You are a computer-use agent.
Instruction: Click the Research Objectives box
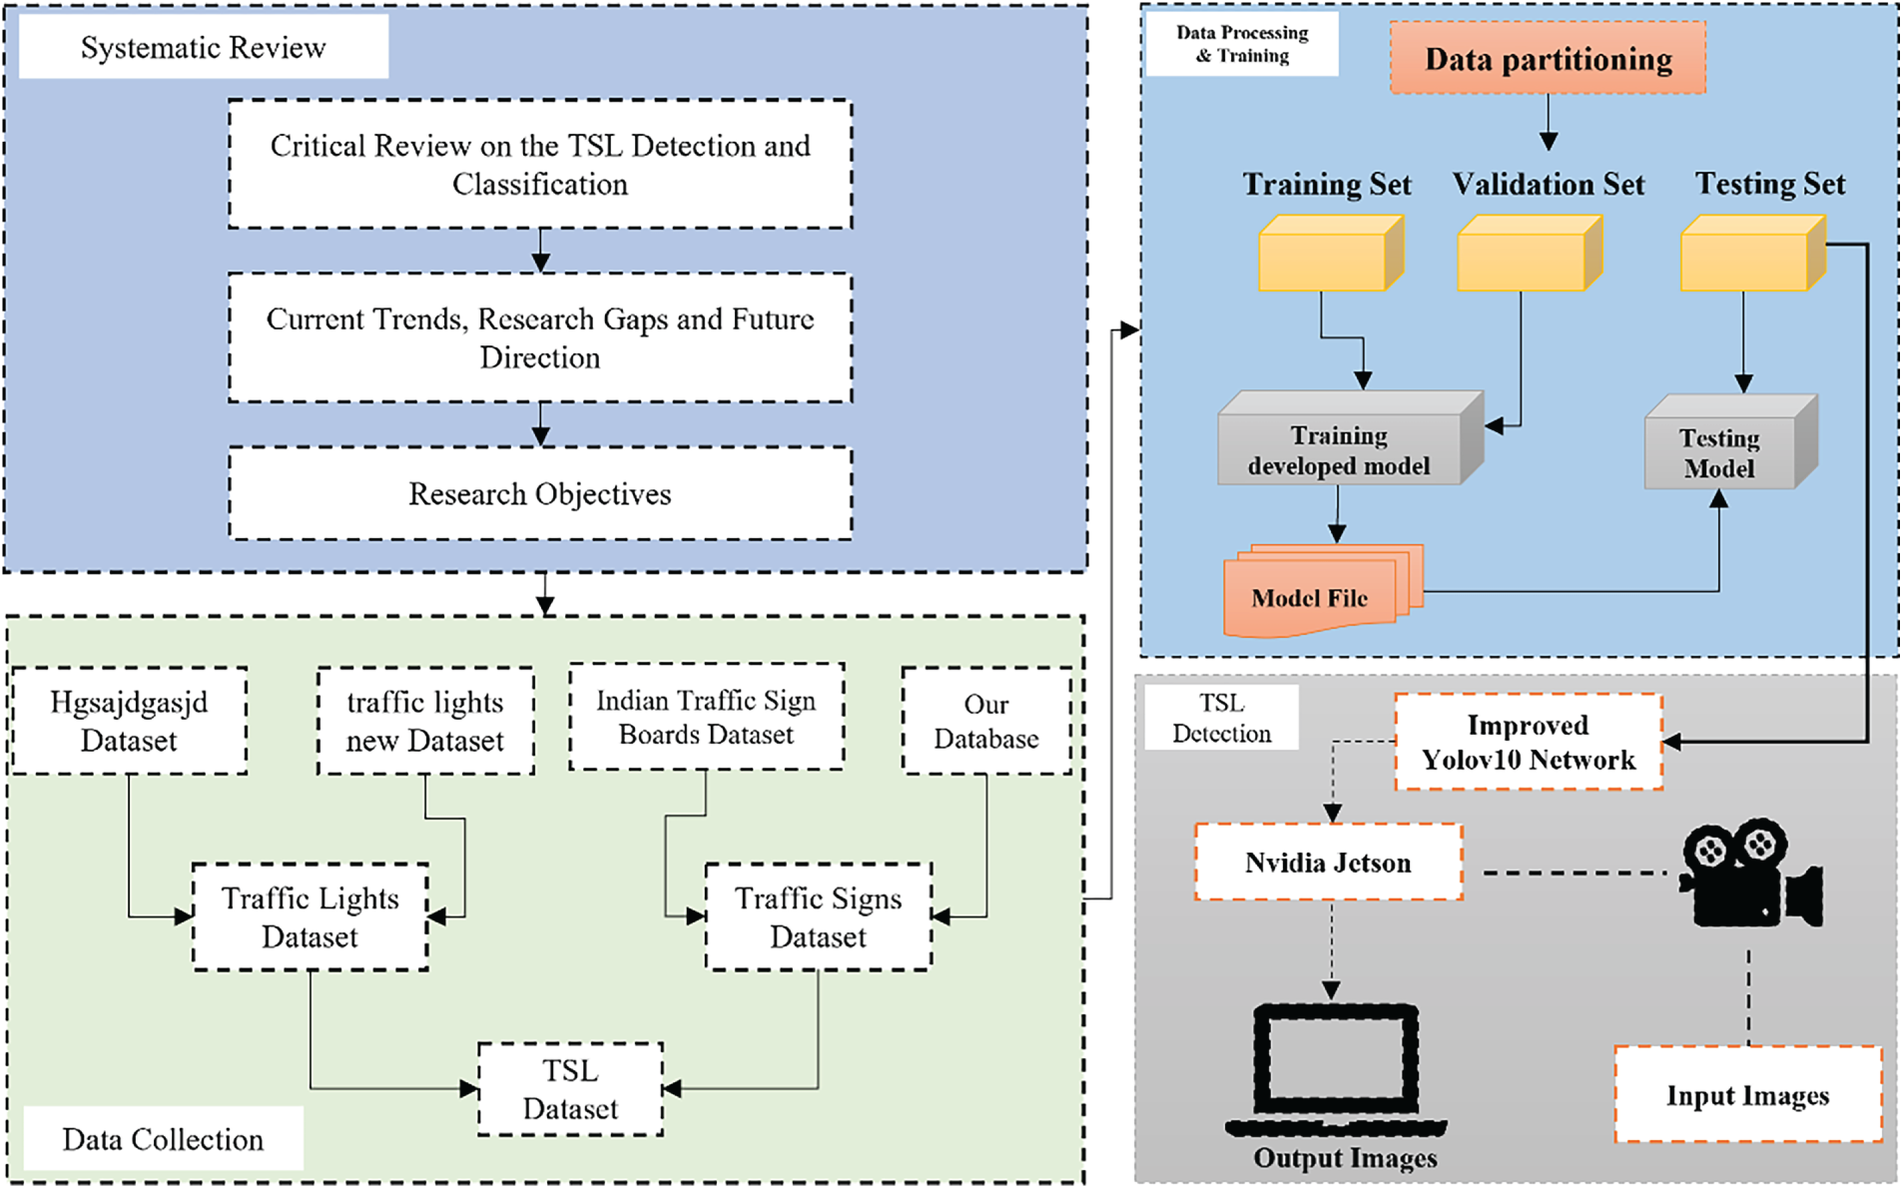pyautogui.click(x=540, y=494)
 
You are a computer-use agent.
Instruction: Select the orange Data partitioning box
pyautogui.click(x=1548, y=59)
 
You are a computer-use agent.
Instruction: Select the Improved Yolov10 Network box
pyautogui.click(x=1529, y=743)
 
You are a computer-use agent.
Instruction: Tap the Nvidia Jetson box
pyautogui.click(x=1329, y=863)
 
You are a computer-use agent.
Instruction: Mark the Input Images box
pyautogui.click(x=1748, y=1095)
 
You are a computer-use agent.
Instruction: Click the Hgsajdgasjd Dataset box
pyautogui.click(x=129, y=722)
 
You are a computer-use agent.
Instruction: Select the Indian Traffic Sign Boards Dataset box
pyautogui.click(x=707, y=718)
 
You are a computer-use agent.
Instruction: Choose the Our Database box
pyautogui.click(x=986, y=722)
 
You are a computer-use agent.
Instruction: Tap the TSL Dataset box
pyautogui.click(x=570, y=1089)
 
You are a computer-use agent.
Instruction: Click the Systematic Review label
pyautogui.click(x=204, y=48)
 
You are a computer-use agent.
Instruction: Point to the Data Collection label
pyautogui.click(x=163, y=1139)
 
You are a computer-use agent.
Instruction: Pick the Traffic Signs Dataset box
pyautogui.click(x=819, y=917)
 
